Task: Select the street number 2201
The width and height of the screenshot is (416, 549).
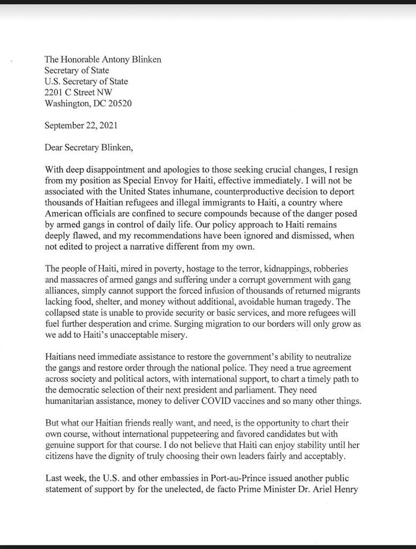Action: pos(55,92)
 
